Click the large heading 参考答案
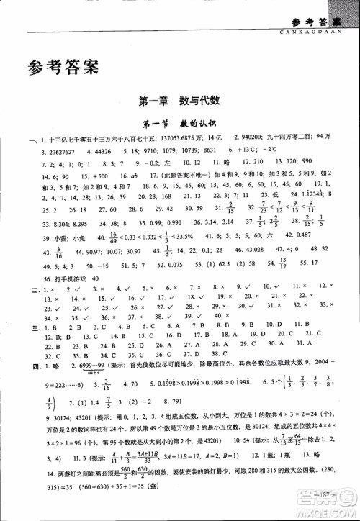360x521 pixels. [x=60, y=69]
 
